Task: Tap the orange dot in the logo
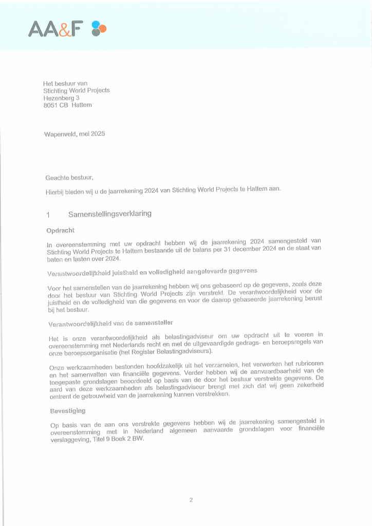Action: pyautogui.click(x=103, y=28)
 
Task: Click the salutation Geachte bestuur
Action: pyautogui.click(x=69, y=178)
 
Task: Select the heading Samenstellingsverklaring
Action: pyautogui.click(x=110, y=214)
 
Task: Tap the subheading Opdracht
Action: pyautogui.click(x=61, y=231)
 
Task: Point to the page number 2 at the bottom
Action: pyautogui.click(x=191, y=500)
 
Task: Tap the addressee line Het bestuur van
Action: pyautogui.click(x=65, y=83)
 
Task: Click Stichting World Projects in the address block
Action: pyautogui.click(x=77, y=90)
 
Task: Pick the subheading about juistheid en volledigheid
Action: pyautogui.click(x=152, y=270)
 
